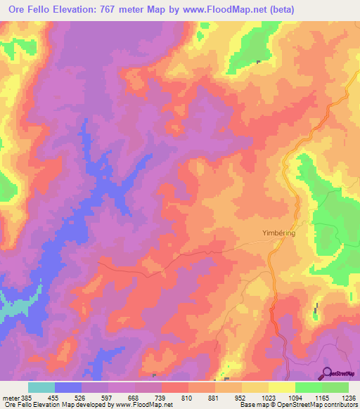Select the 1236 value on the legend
[x=349, y=398]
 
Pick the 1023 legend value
[x=269, y=398]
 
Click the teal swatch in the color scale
[x=41, y=387]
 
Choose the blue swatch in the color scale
[x=68, y=387]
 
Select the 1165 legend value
[x=322, y=398]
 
